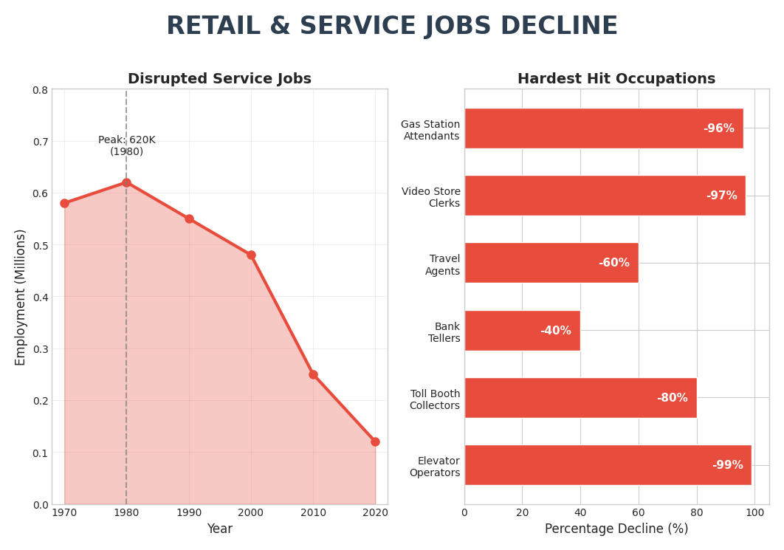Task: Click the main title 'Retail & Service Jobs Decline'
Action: pos(391,27)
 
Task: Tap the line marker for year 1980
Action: pos(126,183)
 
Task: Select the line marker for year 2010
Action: pos(313,374)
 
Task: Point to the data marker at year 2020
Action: pos(375,441)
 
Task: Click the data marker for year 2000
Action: pos(251,255)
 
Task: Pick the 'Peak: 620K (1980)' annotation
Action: pos(127,145)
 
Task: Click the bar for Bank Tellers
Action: pos(522,331)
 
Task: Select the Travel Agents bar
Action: pos(551,263)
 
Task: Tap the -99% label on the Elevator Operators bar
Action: pos(727,465)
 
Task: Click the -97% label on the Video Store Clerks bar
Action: pos(721,196)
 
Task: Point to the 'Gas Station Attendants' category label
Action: pos(430,130)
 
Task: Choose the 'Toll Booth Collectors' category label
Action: pos(435,399)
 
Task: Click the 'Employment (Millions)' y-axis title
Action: pos(21,297)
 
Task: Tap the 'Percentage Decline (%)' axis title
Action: pos(616,529)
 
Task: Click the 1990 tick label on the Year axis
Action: pos(189,512)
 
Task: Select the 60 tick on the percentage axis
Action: pos(639,512)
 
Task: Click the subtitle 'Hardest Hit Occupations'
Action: pos(616,79)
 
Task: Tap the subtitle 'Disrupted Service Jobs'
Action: pos(219,79)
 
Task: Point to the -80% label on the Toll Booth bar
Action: pos(672,398)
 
